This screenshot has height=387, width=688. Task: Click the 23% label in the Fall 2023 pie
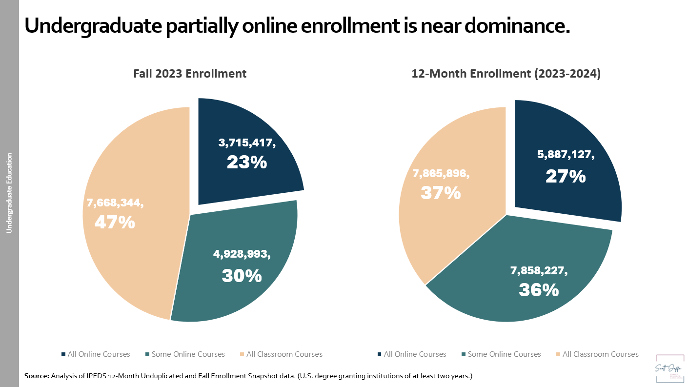pos(247,162)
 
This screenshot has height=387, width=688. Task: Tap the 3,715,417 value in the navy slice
pos(247,143)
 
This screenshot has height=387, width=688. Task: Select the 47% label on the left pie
pos(115,223)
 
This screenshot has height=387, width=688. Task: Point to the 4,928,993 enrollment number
pos(242,254)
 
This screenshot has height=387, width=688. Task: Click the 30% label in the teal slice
pos(242,276)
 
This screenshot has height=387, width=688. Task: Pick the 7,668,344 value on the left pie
pos(115,203)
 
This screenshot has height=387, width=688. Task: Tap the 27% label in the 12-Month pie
pos(566,176)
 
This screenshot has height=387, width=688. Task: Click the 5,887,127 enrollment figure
pos(566,155)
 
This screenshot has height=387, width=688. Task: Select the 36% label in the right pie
pos(538,290)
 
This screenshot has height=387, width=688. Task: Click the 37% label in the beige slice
pos(441,193)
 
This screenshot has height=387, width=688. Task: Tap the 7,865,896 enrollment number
pos(441,174)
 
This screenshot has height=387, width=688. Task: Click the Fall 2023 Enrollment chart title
pos(190,74)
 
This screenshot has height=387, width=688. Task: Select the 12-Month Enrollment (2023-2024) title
pos(506,74)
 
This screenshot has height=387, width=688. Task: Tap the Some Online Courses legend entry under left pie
pos(188,354)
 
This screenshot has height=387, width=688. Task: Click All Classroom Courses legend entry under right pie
pos(600,354)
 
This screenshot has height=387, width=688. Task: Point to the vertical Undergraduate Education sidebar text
pos(9,193)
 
